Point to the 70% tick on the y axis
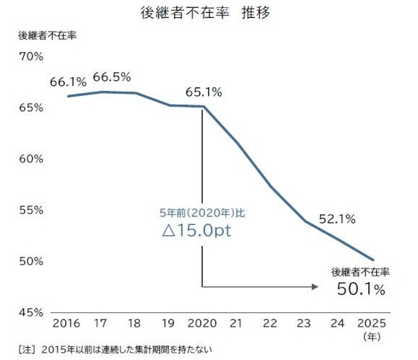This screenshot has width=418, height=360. (31, 57)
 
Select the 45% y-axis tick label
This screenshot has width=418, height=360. (31, 313)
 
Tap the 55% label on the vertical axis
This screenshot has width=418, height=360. (31, 210)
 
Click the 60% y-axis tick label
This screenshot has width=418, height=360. (31, 159)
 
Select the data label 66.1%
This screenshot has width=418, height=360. (68, 83)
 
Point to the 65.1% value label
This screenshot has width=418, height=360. (203, 92)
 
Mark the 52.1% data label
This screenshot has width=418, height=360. (337, 219)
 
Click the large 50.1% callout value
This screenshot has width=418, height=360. (361, 289)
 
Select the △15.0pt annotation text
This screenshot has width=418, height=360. (197, 231)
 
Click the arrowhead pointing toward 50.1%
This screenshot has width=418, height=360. (315, 287)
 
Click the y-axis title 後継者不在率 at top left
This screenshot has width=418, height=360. (47, 35)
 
